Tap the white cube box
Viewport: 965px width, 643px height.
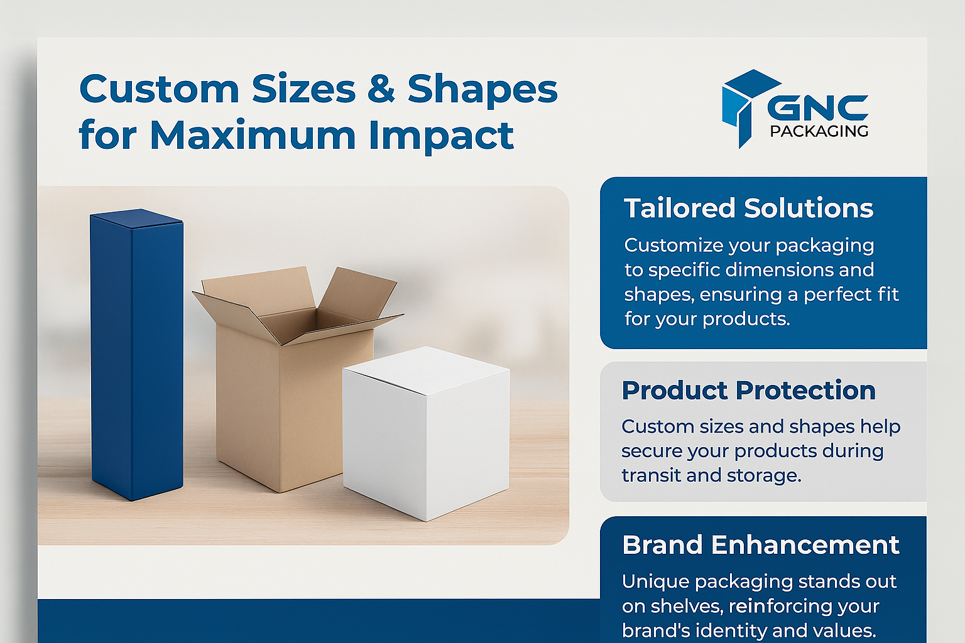[426, 433]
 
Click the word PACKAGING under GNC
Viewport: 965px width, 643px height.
[819, 131]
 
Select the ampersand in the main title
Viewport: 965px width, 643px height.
[381, 89]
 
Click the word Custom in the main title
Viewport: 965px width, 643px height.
[159, 89]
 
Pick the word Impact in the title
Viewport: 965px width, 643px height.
[441, 136]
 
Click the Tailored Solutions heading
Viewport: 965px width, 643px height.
[749, 208]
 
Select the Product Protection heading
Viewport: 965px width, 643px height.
[749, 390]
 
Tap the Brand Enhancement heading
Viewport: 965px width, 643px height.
[761, 545]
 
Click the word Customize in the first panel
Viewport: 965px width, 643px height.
[673, 245]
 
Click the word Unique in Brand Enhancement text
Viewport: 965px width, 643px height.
[655, 582]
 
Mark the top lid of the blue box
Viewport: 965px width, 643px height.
[137, 217]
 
